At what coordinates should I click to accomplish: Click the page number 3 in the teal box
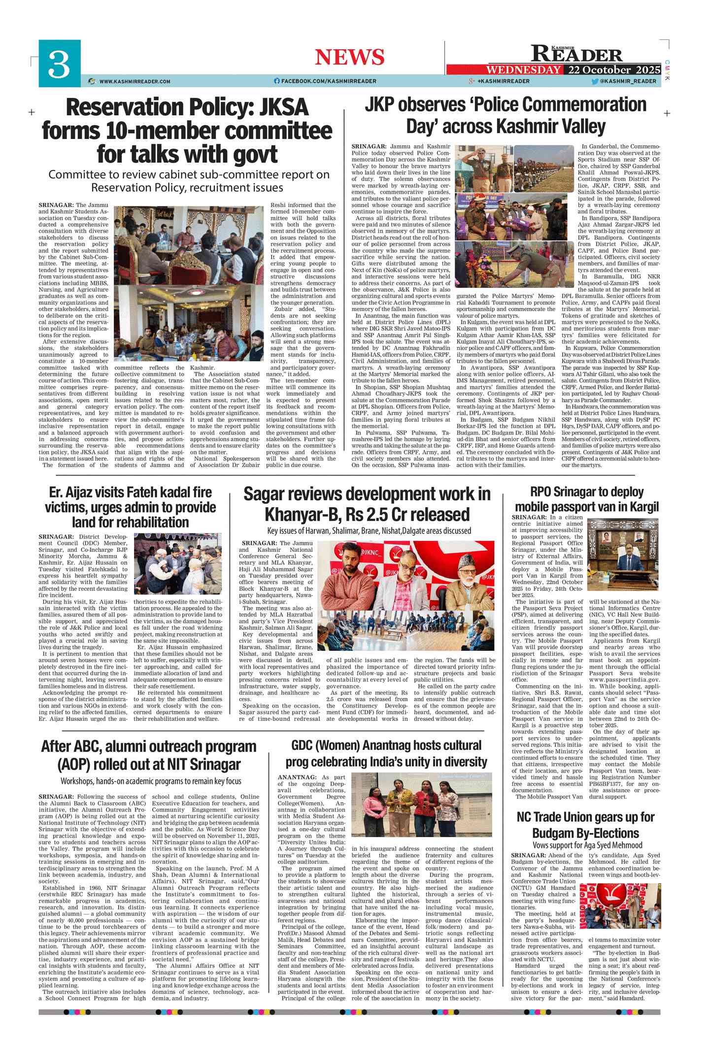(59, 64)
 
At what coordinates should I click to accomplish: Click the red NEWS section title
(349, 57)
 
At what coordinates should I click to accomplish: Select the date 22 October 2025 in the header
(613, 69)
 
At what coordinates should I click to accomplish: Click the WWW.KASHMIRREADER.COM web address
(135, 81)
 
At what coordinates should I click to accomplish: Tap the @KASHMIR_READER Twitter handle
(628, 81)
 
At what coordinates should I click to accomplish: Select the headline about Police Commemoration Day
(505, 115)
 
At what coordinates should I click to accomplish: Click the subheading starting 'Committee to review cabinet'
(189, 181)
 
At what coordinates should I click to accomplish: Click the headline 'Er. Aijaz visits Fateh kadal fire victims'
(130, 507)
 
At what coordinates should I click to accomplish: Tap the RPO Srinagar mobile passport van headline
(586, 499)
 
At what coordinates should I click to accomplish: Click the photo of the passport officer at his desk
(623, 554)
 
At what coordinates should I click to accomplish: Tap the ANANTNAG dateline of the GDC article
(298, 777)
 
